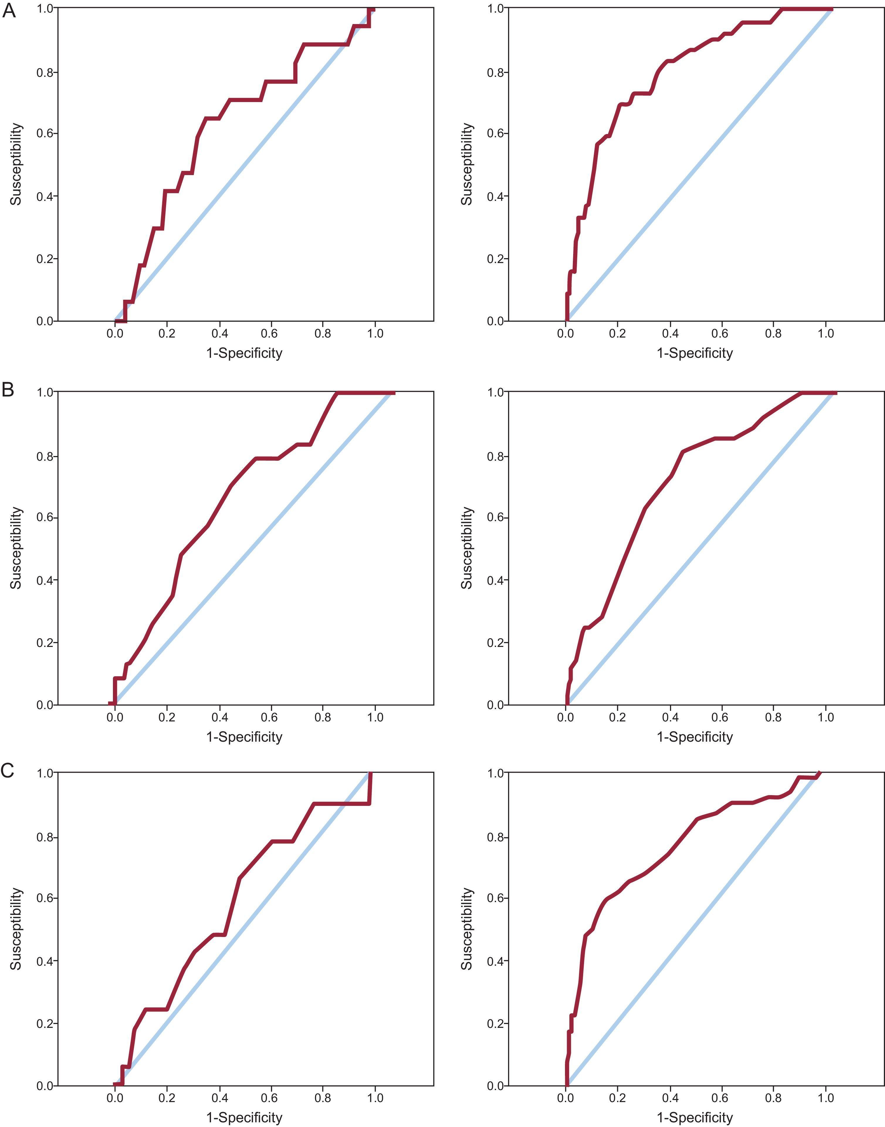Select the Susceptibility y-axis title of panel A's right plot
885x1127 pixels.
[467, 164]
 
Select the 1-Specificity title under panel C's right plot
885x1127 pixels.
[695, 1118]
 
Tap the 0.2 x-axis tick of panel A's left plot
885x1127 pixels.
[167, 333]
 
